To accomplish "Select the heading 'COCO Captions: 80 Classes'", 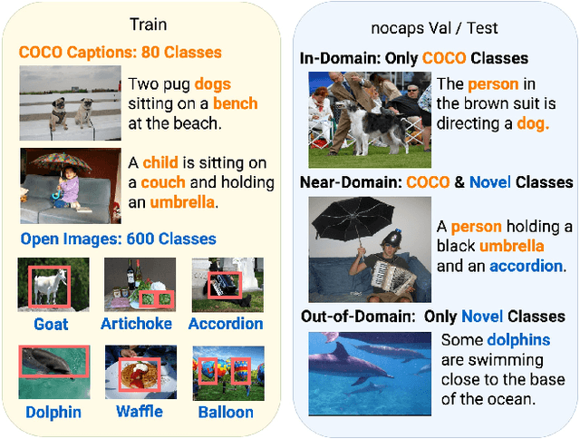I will click(x=121, y=53).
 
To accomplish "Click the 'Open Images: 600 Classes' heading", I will click(x=118, y=239).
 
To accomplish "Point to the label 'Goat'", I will click(x=52, y=324).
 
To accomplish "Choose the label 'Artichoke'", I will click(x=136, y=324).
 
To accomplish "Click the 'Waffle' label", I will click(x=139, y=411).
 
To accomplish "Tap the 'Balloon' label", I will click(x=226, y=412).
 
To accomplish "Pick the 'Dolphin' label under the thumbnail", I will click(x=53, y=412).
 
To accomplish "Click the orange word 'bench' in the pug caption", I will click(x=235, y=102).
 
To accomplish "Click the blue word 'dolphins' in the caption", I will click(x=518, y=340).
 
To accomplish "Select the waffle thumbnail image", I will click(x=140, y=372).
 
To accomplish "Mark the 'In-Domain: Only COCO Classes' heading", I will click(x=413, y=59).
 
